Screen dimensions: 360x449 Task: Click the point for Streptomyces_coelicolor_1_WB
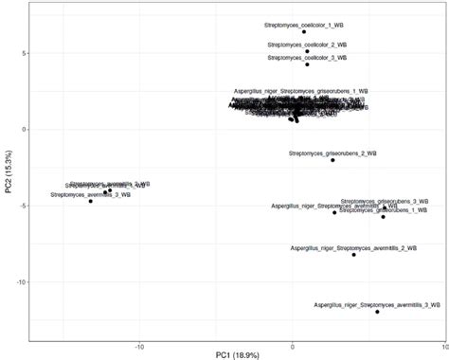[304, 32]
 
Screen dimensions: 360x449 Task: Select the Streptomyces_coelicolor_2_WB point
[307, 51]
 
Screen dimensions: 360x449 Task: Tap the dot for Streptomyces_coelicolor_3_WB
[307, 64]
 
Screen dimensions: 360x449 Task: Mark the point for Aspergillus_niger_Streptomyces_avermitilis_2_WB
[353, 255]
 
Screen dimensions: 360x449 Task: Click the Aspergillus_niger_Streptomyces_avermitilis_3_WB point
[377, 312]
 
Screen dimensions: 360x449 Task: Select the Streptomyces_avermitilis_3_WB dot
[91, 201]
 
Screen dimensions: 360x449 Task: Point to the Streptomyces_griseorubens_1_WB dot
[383, 217]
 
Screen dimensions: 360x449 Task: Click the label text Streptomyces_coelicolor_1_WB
[304, 25]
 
